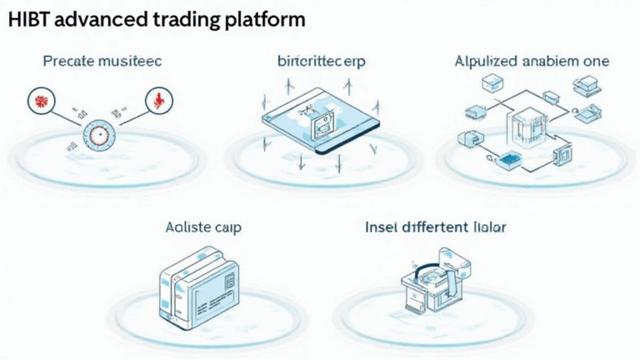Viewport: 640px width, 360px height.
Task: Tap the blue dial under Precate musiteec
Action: click(x=97, y=132)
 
